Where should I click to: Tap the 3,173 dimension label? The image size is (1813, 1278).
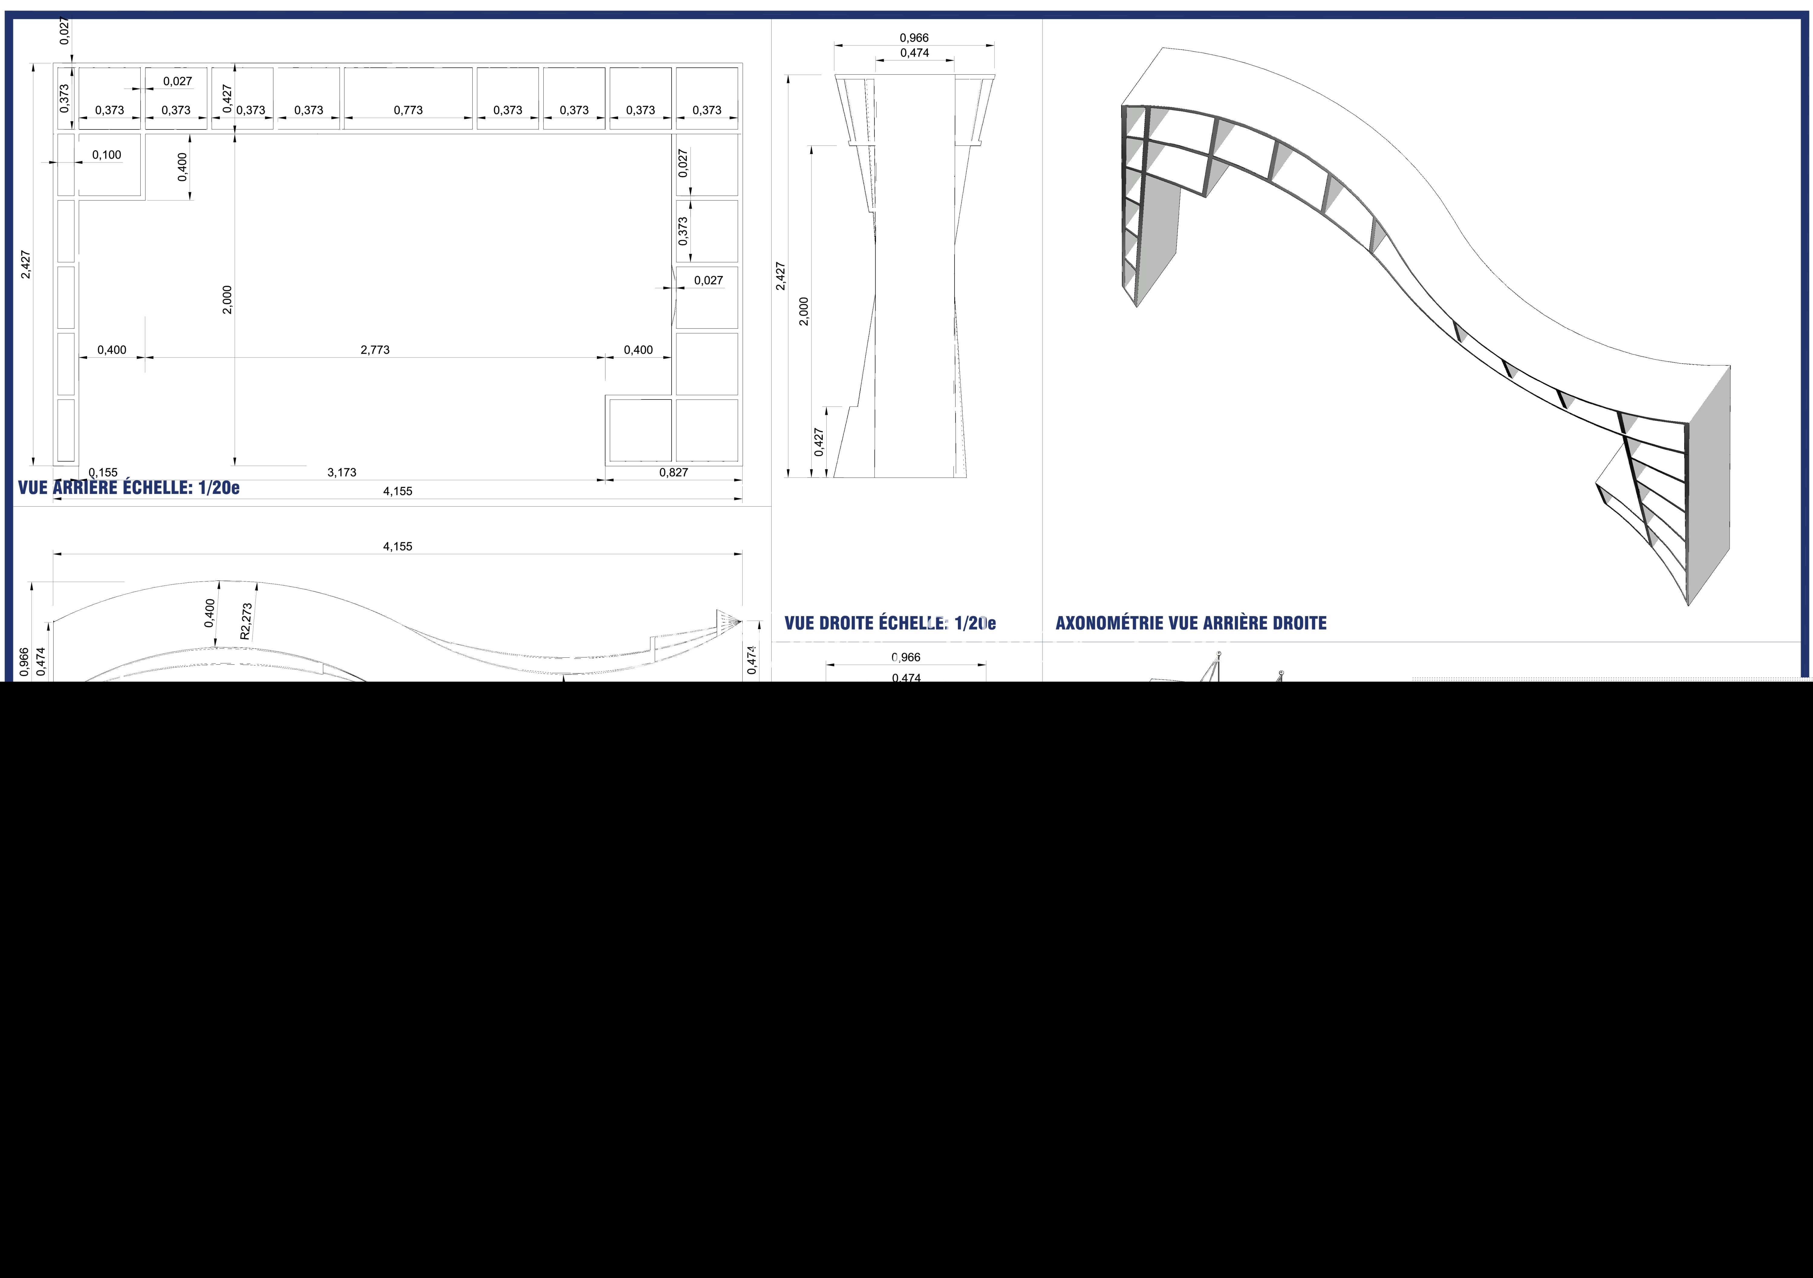pyautogui.click(x=342, y=472)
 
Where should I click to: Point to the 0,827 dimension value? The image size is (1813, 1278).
pyautogui.click(x=674, y=472)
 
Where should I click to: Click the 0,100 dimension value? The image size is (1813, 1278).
pyautogui.click(x=107, y=155)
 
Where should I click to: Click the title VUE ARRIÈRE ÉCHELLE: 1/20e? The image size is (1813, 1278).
pyautogui.click(x=129, y=487)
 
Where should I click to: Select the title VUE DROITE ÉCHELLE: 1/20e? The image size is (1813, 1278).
pyautogui.click(x=890, y=623)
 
